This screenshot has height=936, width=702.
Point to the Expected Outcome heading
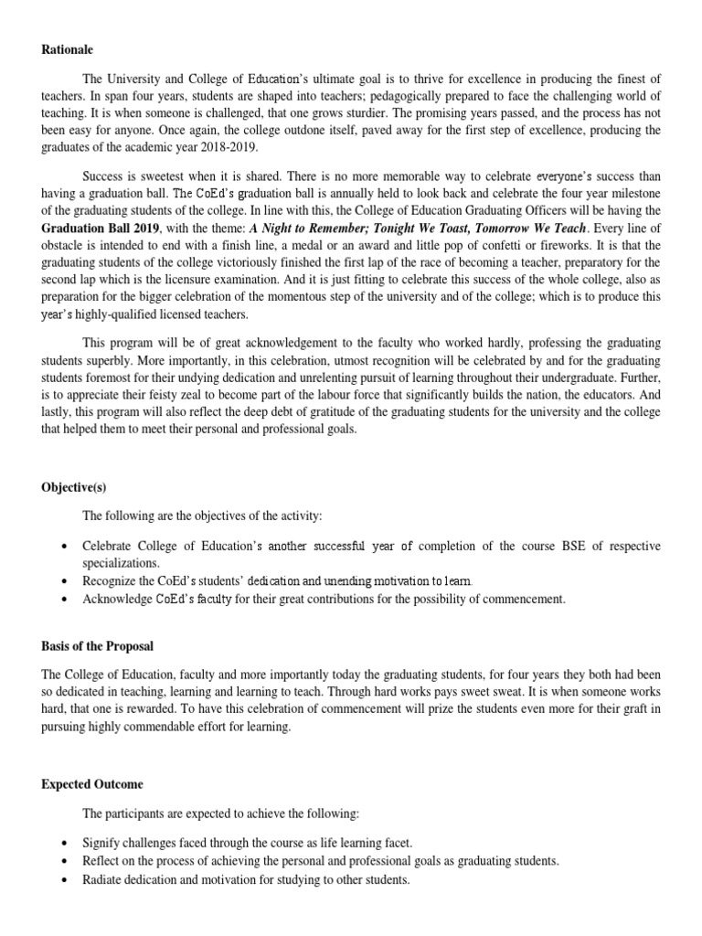91,784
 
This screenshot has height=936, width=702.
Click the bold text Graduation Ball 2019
101,228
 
